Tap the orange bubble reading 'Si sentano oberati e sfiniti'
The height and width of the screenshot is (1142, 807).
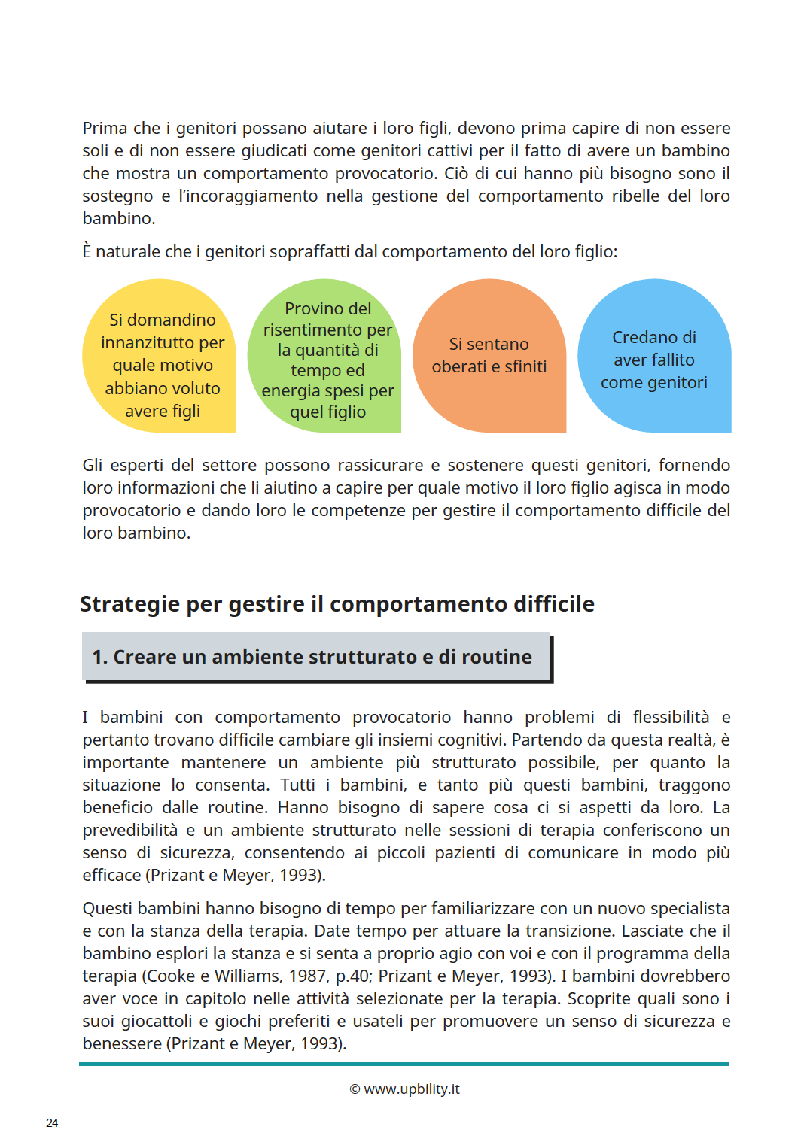[489, 355]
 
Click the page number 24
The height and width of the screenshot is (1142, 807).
[52, 1123]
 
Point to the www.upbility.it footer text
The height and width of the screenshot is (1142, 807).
[412, 1089]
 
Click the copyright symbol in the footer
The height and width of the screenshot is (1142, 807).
[355, 1089]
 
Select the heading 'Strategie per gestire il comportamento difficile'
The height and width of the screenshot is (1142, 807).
[337, 604]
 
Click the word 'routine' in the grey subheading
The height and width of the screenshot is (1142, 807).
[496, 657]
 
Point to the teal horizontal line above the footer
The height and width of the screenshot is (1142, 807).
[404, 1064]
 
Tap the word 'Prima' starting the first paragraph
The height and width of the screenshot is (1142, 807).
[105, 128]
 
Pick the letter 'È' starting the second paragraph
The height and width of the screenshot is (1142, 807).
[87, 251]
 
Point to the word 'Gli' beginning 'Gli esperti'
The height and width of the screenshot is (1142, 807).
[93, 465]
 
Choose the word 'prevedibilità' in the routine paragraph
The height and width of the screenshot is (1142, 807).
[130, 830]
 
